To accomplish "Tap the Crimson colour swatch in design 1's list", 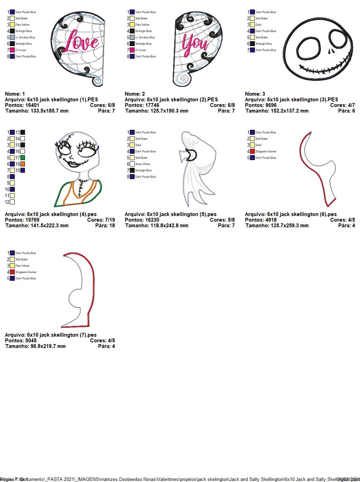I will click(12, 50).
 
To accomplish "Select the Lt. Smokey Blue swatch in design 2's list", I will click(132, 37).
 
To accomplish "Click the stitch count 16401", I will click(32, 105).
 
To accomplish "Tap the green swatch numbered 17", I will click(22, 158).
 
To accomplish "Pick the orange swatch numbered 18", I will click(22, 164).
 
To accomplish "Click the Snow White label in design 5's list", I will click(142, 164).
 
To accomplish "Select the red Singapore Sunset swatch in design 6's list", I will click(252, 151).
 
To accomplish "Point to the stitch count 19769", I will click(32, 220).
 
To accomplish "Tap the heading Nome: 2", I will click(135, 94).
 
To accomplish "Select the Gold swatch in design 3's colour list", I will click(252, 25).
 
